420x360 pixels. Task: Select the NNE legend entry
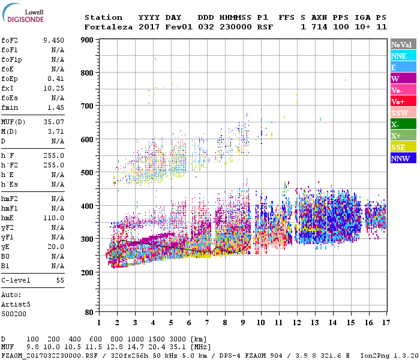click(x=403, y=56)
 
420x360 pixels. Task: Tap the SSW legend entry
click(x=403, y=113)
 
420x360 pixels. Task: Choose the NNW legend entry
click(x=403, y=159)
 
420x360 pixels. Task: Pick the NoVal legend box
click(x=403, y=44)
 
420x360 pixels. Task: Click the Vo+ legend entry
click(x=403, y=101)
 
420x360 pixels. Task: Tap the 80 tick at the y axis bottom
click(x=89, y=313)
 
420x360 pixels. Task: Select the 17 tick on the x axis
click(x=385, y=323)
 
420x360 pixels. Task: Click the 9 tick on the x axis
click(x=242, y=323)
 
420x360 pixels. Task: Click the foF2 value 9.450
click(x=53, y=40)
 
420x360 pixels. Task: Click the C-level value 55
click(x=60, y=280)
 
